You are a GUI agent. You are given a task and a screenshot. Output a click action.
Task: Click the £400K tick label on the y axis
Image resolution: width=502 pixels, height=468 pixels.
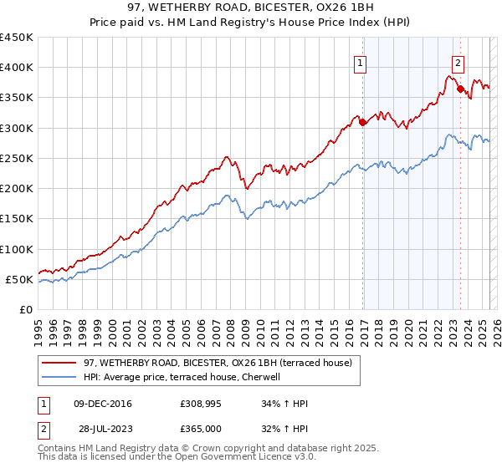[x=16, y=68]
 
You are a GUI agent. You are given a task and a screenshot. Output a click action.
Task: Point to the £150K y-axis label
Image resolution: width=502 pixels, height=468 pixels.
[x=16, y=219]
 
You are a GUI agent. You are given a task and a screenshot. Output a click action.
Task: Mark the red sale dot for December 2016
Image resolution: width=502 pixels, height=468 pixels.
[x=362, y=123]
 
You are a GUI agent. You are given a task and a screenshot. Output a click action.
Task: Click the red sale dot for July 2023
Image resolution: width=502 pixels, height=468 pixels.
[x=460, y=89]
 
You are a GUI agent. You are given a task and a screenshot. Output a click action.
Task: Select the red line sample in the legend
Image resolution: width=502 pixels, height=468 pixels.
[x=59, y=363]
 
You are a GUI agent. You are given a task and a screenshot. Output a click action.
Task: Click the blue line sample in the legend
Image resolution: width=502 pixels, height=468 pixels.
[x=59, y=377]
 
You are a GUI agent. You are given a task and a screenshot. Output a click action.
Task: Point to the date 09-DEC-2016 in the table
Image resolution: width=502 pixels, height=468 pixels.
[x=103, y=404]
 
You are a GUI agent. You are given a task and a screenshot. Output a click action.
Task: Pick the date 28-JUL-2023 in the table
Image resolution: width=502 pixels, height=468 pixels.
[x=102, y=428]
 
